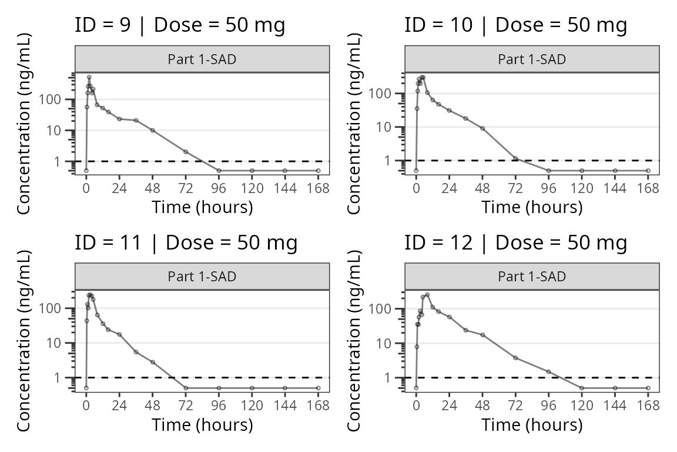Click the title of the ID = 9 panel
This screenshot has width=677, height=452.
point(180,25)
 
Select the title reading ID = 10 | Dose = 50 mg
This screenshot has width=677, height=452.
point(515,25)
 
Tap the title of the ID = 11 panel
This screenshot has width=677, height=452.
point(186,242)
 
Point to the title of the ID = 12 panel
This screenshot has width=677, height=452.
point(515,242)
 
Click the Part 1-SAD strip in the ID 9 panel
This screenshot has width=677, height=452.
point(202,59)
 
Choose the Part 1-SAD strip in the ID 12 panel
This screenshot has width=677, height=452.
point(532,276)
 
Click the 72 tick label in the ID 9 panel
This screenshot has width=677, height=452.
point(186,188)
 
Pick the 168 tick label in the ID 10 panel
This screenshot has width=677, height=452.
point(648,188)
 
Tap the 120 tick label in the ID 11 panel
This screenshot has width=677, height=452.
point(252,406)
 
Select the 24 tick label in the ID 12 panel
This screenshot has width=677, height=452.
point(450,406)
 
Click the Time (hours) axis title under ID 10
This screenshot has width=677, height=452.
point(532,207)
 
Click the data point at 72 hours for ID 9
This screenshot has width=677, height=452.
point(186,152)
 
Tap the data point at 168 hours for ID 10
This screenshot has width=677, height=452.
point(648,171)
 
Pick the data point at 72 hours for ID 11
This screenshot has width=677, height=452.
point(186,388)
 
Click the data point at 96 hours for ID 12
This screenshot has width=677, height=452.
point(549,371)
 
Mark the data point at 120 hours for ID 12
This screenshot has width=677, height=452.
point(582,388)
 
